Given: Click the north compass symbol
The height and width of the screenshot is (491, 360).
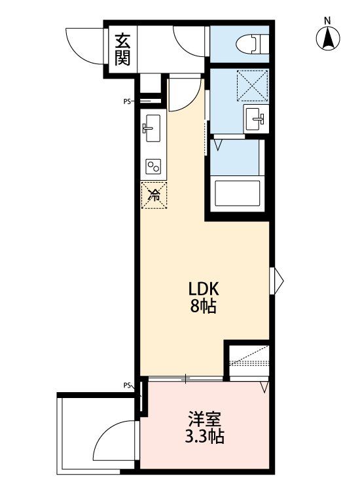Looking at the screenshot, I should click(x=329, y=38).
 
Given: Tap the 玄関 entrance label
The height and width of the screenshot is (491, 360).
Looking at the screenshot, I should click(x=122, y=50).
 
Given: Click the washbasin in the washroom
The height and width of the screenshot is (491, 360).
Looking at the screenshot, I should click(x=254, y=120).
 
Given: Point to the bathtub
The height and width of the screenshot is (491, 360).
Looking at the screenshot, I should click(x=237, y=194).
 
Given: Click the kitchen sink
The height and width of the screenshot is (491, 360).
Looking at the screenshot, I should click(x=153, y=129).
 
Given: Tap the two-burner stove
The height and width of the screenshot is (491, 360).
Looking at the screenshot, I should click(x=154, y=166).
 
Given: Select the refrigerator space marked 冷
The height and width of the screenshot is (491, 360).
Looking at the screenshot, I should click(x=154, y=194).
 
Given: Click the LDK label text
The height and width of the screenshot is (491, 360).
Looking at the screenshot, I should click(x=204, y=289).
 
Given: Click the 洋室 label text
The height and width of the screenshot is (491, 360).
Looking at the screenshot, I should click(x=204, y=417).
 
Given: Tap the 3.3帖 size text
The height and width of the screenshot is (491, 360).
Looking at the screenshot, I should click(x=204, y=436).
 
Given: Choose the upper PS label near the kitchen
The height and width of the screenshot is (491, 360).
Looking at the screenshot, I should click(x=128, y=101).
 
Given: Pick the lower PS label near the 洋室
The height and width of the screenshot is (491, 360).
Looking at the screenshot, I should click(x=128, y=386).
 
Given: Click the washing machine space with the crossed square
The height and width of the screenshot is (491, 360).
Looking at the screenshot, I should click(x=252, y=84).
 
